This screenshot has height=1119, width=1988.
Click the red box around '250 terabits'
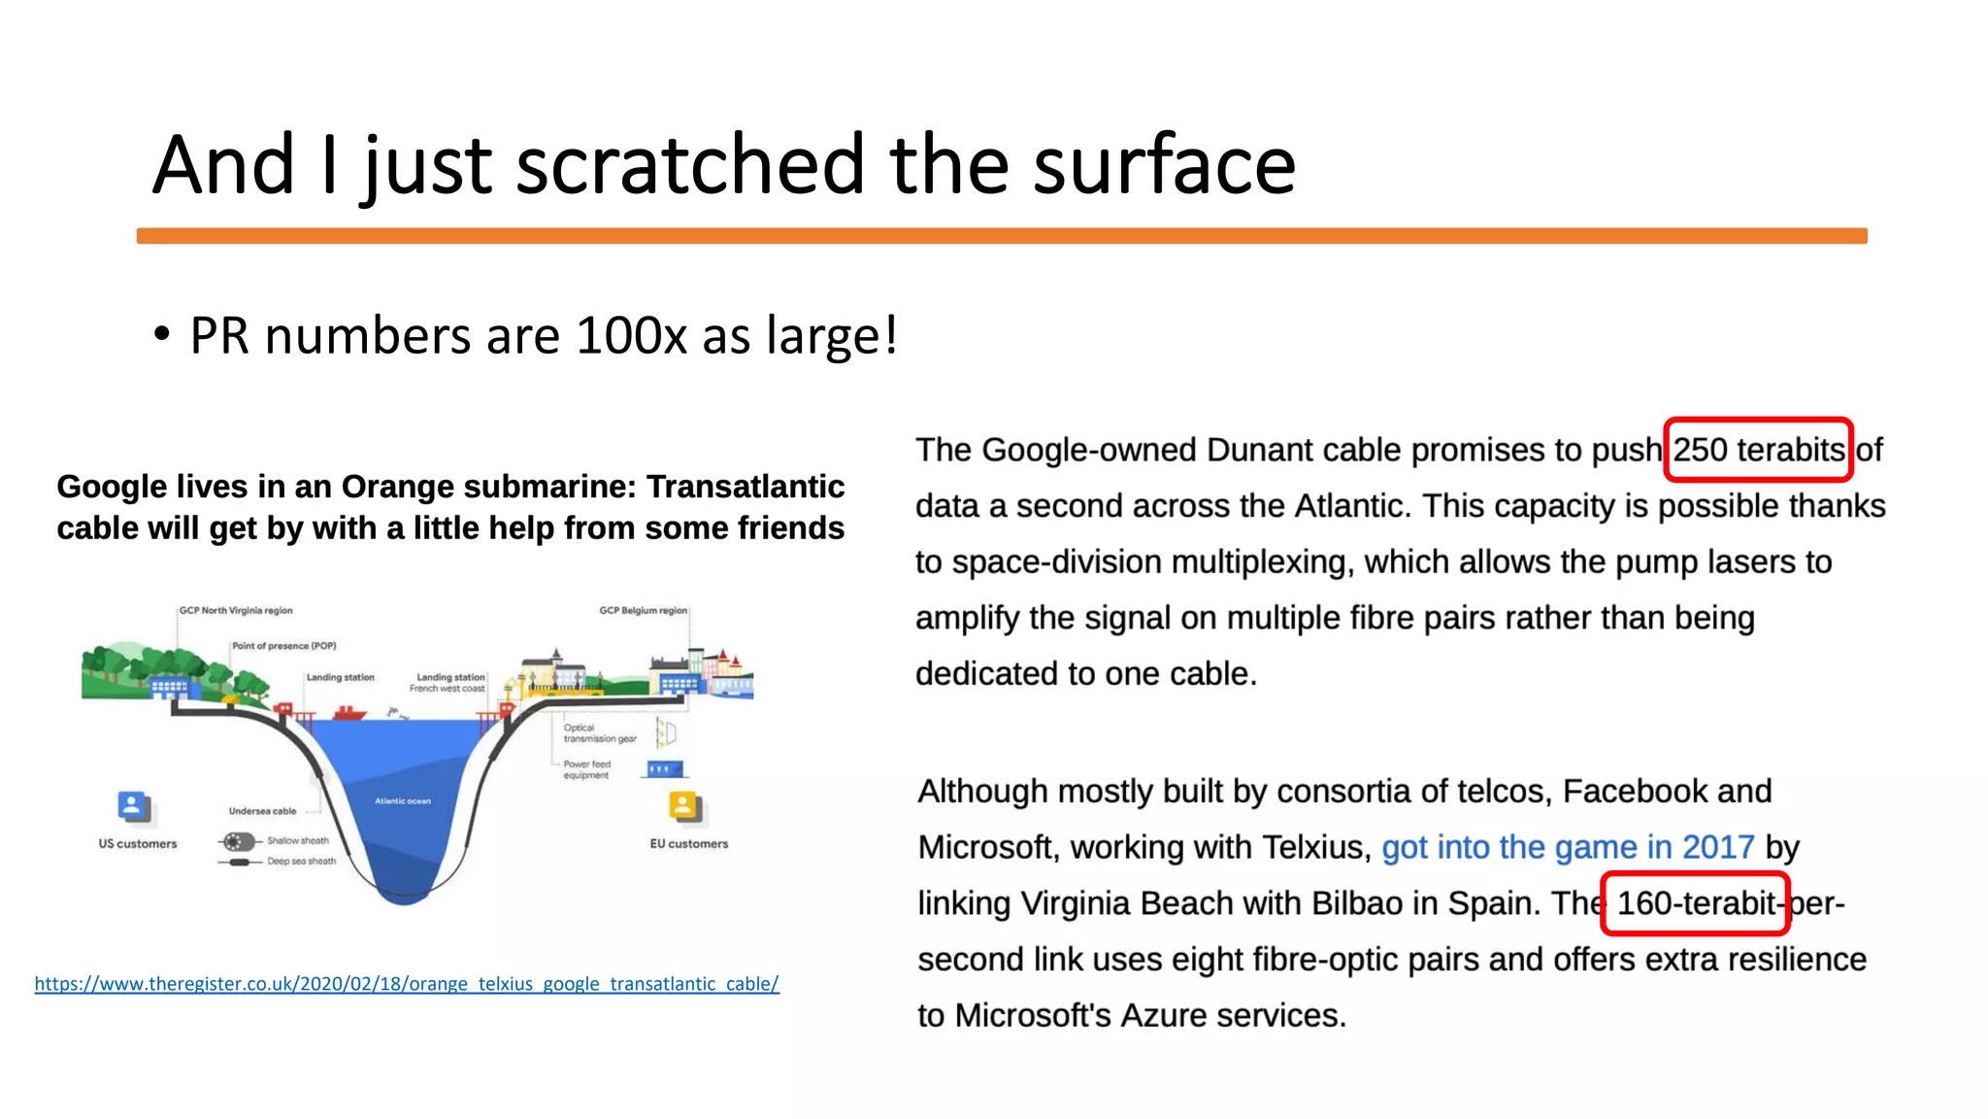pyautogui.click(x=1758, y=450)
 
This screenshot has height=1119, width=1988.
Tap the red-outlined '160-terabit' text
pyautogui.click(x=1695, y=903)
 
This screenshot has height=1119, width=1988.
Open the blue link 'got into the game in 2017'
pyautogui.click(x=1568, y=847)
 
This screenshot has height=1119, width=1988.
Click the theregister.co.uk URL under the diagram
pyautogui.click(x=407, y=984)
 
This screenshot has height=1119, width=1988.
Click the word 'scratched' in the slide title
pyautogui.click(x=689, y=165)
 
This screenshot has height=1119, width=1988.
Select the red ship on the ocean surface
pyautogui.click(x=349, y=713)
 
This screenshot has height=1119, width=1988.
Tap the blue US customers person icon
pyautogui.click(x=132, y=806)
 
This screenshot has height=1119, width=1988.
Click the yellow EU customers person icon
pyautogui.click(x=683, y=806)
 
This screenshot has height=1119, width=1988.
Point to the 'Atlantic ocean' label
pyautogui.click(x=403, y=801)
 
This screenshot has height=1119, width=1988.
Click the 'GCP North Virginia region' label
pyautogui.click(x=236, y=611)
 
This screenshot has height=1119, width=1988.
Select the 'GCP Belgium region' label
pyautogui.click(x=643, y=611)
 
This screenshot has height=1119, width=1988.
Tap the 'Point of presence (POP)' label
pyautogui.click(x=284, y=646)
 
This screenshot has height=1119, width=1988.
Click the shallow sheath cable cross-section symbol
pyautogui.click(x=238, y=841)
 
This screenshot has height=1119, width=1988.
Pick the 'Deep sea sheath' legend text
pyautogui.click(x=301, y=862)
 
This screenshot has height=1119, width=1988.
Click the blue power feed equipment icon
pyautogui.click(x=664, y=769)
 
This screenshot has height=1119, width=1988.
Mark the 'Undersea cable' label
pyautogui.click(x=262, y=811)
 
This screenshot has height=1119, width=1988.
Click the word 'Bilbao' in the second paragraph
pyautogui.click(x=1357, y=903)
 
